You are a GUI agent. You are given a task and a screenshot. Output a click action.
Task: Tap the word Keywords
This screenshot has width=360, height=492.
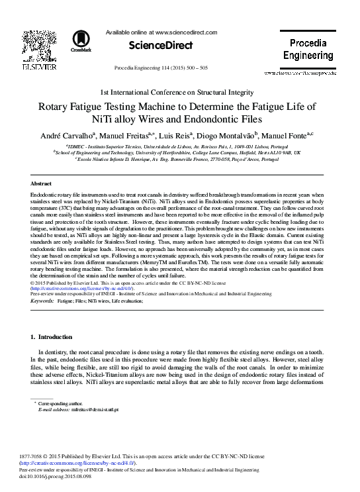[x=43, y=301]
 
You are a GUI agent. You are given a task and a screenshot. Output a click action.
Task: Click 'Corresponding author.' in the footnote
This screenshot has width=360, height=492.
[x=61, y=403]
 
